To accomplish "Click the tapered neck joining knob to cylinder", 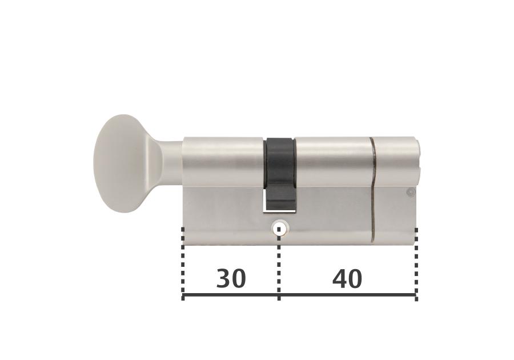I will click(166, 163).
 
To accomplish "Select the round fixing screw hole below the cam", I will click(279, 229).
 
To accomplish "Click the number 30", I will click(231, 279).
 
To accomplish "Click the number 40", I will click(347, 279).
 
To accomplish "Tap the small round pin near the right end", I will click(409, 193).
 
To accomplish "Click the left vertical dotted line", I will click(183, 263).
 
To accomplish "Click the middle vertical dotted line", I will click(279, 263).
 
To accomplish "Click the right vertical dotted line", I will click(416, 263).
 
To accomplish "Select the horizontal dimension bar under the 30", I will click(231, 295).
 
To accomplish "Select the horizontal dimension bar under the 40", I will click(347, 295).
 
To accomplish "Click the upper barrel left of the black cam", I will click(223, 163).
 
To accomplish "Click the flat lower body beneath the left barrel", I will click(223, 217).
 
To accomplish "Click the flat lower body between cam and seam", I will click(331, 217).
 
